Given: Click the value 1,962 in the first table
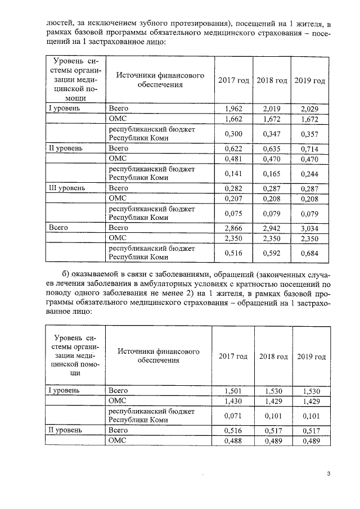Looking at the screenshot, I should (x=233, y=108).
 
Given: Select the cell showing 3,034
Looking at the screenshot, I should (x=309, y=228).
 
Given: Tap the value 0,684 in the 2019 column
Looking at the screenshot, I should (x=309, y=254).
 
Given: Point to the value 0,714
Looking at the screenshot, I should (x=309, y=148).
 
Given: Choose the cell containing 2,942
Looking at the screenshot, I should (x=272, y=228).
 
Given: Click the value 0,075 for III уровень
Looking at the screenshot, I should (x=233, y=214).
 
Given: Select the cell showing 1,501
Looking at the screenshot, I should (x=233, y=390).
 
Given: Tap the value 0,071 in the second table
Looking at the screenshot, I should (x=233, y=416).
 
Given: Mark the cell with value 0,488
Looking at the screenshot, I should (x=233, y=441).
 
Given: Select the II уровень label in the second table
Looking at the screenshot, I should (x=64, y=430).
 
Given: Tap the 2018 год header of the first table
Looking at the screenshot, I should (x=272, y=80).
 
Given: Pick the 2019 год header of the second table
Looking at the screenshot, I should (x=311, y=357).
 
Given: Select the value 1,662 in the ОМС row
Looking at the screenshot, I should (x=233, y=119).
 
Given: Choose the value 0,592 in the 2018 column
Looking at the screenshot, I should (x=272, y=254).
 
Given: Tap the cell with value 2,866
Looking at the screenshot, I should (x=233, y=228).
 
